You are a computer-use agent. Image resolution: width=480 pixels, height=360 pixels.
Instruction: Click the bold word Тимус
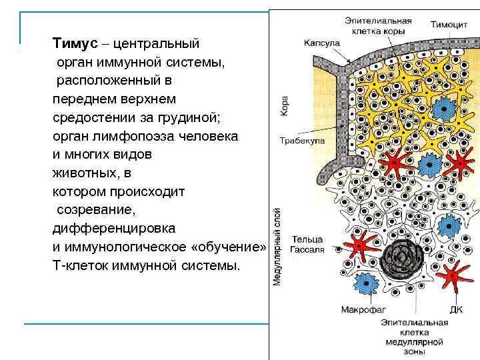[x=73, y=44]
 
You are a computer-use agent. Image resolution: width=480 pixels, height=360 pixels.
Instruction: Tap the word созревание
[x=96, y=209]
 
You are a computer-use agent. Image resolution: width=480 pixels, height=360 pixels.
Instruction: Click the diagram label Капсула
[x=322, y=43]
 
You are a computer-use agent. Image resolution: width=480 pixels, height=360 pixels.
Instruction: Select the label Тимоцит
[x=448, y=25]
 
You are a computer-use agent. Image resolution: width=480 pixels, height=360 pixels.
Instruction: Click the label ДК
[x=457, y=310]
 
